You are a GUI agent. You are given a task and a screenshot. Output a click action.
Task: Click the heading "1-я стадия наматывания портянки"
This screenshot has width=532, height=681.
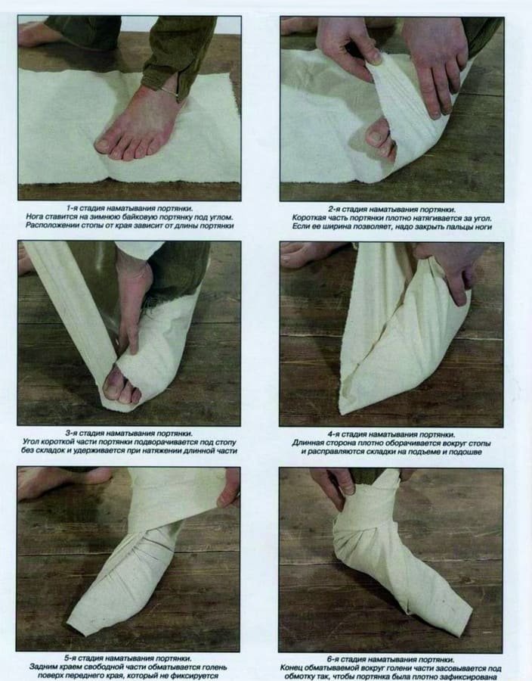pyautogui.click(x=128, y=207)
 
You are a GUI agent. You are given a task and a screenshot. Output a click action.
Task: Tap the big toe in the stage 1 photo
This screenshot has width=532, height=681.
pyautogui.click(x=103, y=144)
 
